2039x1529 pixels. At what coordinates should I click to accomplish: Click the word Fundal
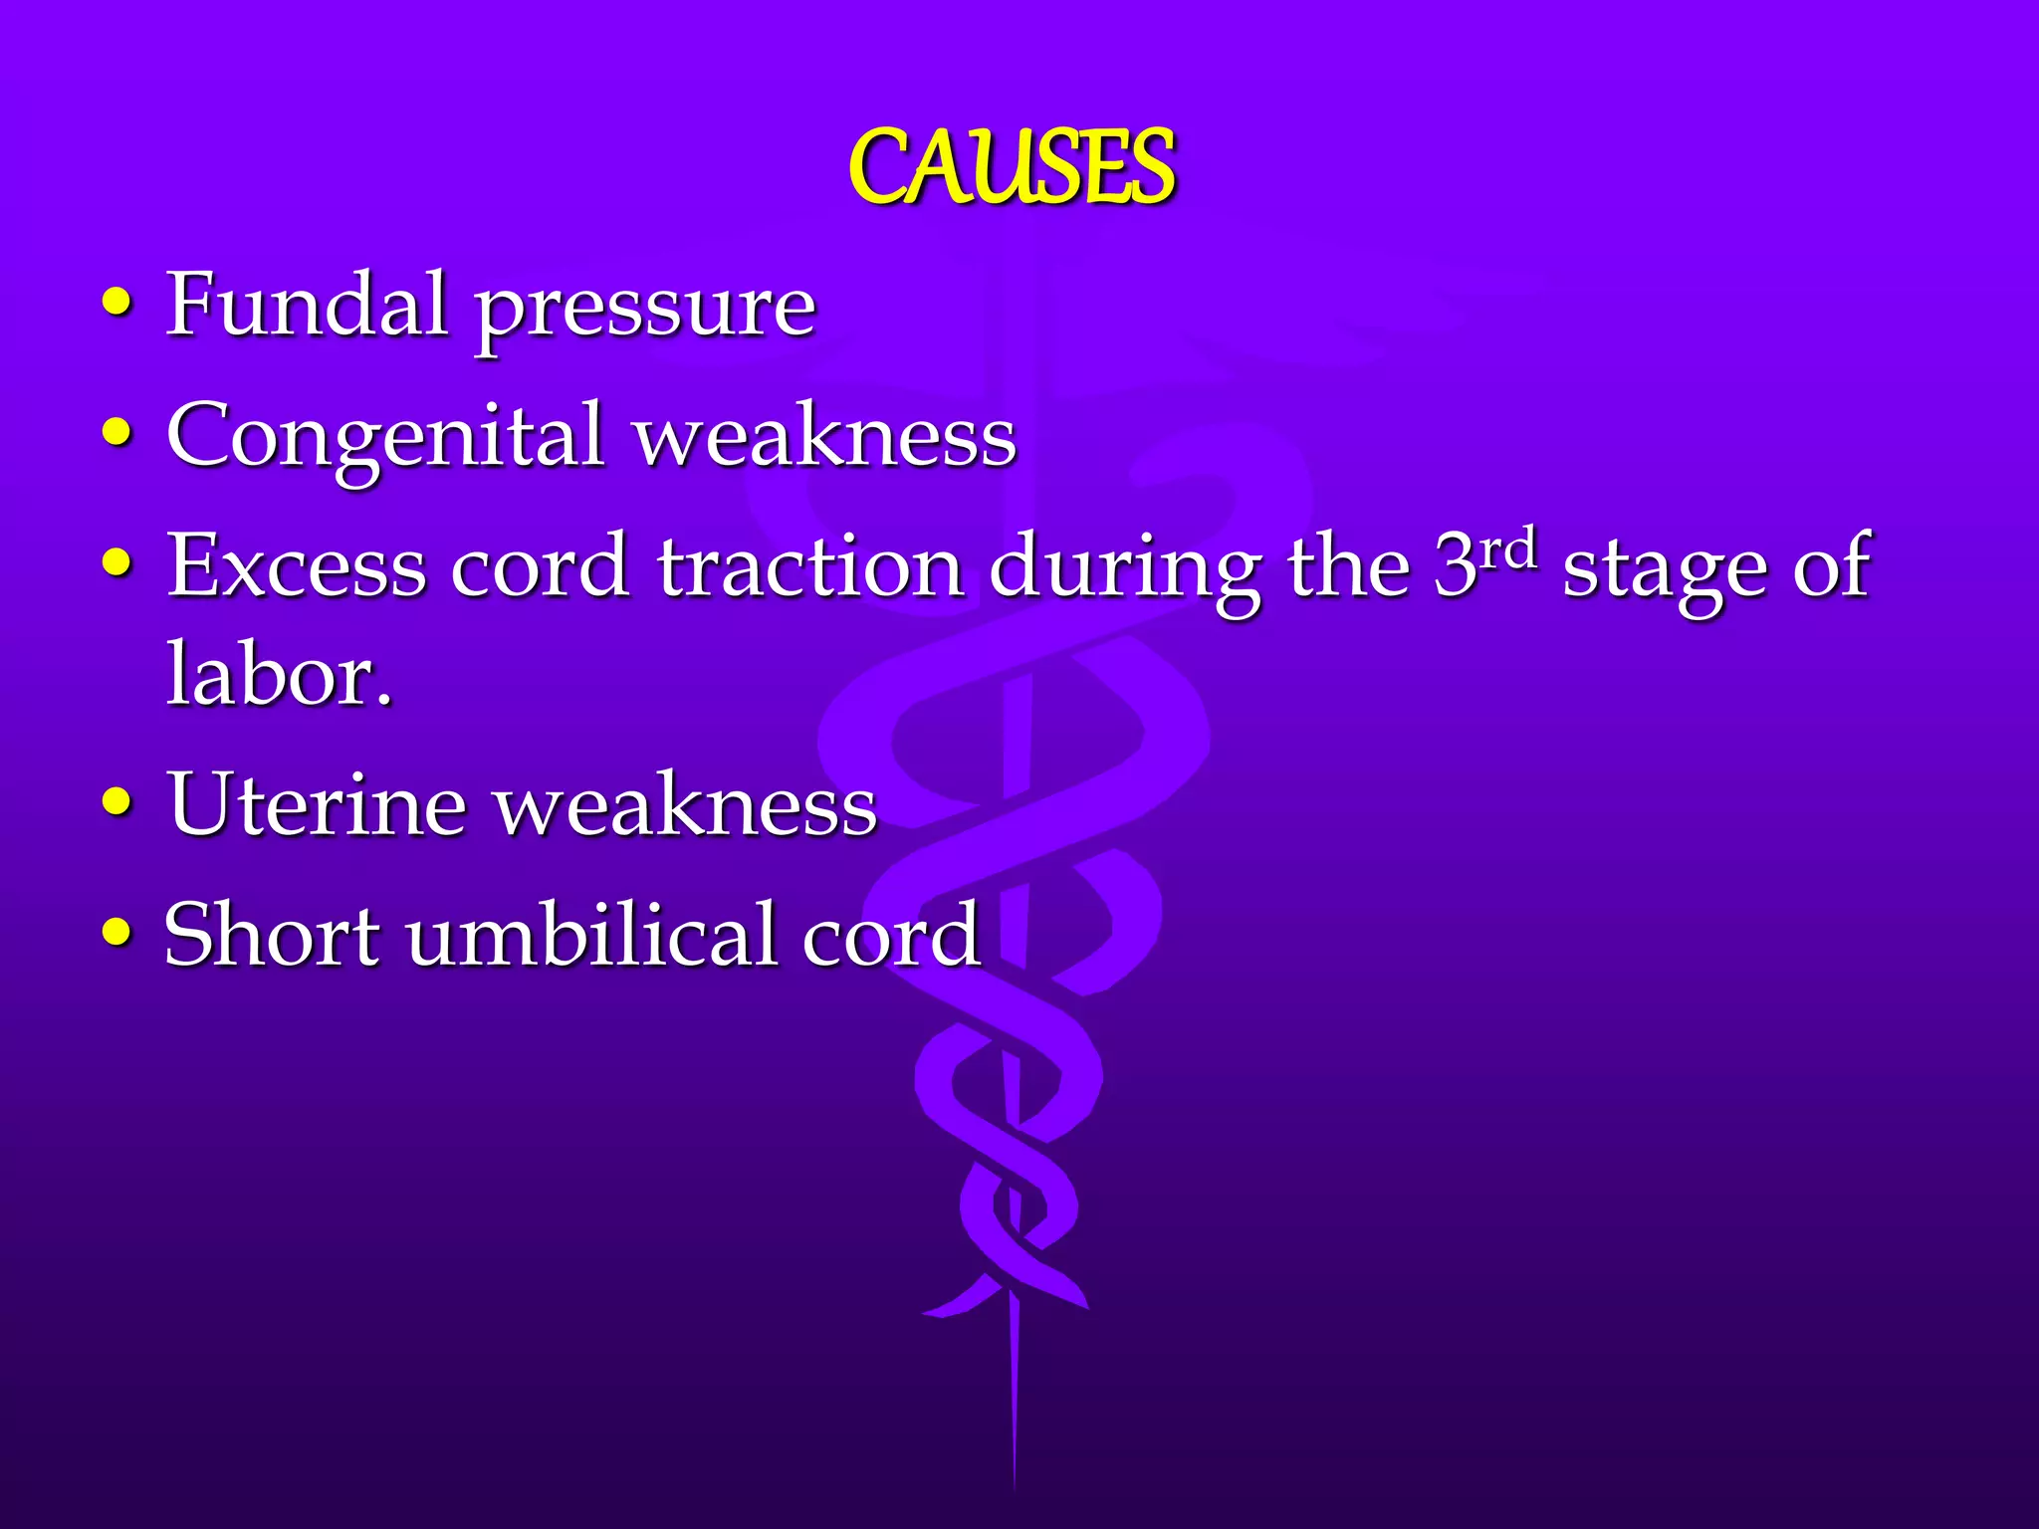click(307, 305)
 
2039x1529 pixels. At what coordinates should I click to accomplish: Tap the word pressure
click(644, 309)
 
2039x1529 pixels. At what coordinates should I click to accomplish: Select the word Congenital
click(385, 436)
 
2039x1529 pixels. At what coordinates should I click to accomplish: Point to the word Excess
click(296, 565)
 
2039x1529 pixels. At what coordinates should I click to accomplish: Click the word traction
click(809, 565)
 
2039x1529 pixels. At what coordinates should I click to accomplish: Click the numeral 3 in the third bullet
click(1456, 565)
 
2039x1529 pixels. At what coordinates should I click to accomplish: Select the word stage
click(1665, 569)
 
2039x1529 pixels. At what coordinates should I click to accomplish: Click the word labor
click(279, 675)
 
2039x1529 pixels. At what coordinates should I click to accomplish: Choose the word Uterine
click(317, 804)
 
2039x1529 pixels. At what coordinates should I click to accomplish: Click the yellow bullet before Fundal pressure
click(117, 303)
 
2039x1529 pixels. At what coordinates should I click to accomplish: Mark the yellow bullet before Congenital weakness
click(117, 433)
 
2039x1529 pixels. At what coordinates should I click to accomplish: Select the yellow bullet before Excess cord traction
click(117, 562)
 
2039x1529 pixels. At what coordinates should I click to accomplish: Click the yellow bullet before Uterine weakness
click(117, 801)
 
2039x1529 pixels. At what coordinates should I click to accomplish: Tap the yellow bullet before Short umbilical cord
click(117, 932)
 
